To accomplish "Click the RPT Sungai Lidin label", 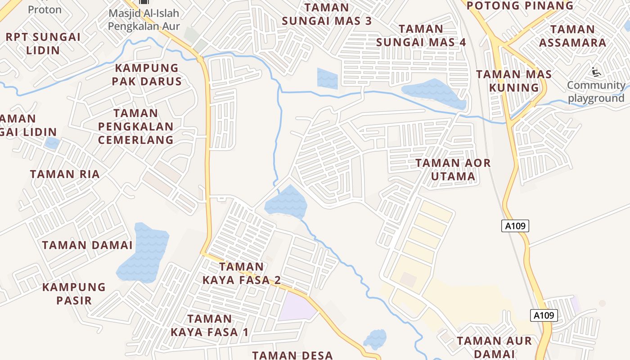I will click(x=43, y=43).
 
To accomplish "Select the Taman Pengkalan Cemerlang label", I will click(x=135, y=126).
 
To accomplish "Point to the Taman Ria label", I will click(x=65, y=174).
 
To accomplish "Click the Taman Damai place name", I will click(x=87, y=245).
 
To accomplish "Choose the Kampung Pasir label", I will click(x=74, y=293).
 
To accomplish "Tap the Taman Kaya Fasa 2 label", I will click(x=242, y=273).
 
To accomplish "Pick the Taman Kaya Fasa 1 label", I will click(x=209, y=325).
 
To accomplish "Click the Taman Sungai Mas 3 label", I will click(x=327, y=14).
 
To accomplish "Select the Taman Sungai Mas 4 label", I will click(x=421, y=36).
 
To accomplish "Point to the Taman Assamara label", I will click(x=572, y=36).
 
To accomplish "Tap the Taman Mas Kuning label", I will click(x=514, y=81).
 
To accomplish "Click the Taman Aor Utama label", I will click(x=453, y=169).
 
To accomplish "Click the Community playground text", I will click(x=596, y=92).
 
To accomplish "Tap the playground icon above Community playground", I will click(x=596, y=72).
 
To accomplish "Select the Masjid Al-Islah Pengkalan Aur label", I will click(x=144, y=19).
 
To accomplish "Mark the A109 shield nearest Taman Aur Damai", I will click(x=544, y=315).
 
